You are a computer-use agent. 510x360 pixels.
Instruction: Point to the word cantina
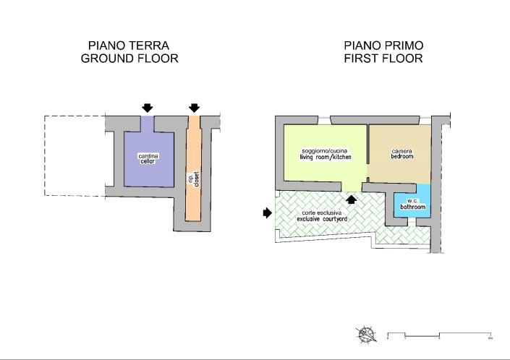tap(148, 155)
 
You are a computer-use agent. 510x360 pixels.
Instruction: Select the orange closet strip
tap(193, 202)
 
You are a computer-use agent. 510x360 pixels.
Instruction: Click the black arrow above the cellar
tap(148, 108)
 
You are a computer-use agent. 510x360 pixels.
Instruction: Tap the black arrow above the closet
tap(193, 108)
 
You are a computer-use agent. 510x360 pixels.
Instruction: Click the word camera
tap(401, 150)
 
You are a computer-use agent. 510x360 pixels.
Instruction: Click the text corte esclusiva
tap(323, 213)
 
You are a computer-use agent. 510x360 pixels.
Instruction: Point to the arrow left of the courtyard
tap(267, 213)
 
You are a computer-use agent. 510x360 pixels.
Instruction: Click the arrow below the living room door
tap(352, 199)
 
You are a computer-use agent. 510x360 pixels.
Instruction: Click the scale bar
tap(440, 335)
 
